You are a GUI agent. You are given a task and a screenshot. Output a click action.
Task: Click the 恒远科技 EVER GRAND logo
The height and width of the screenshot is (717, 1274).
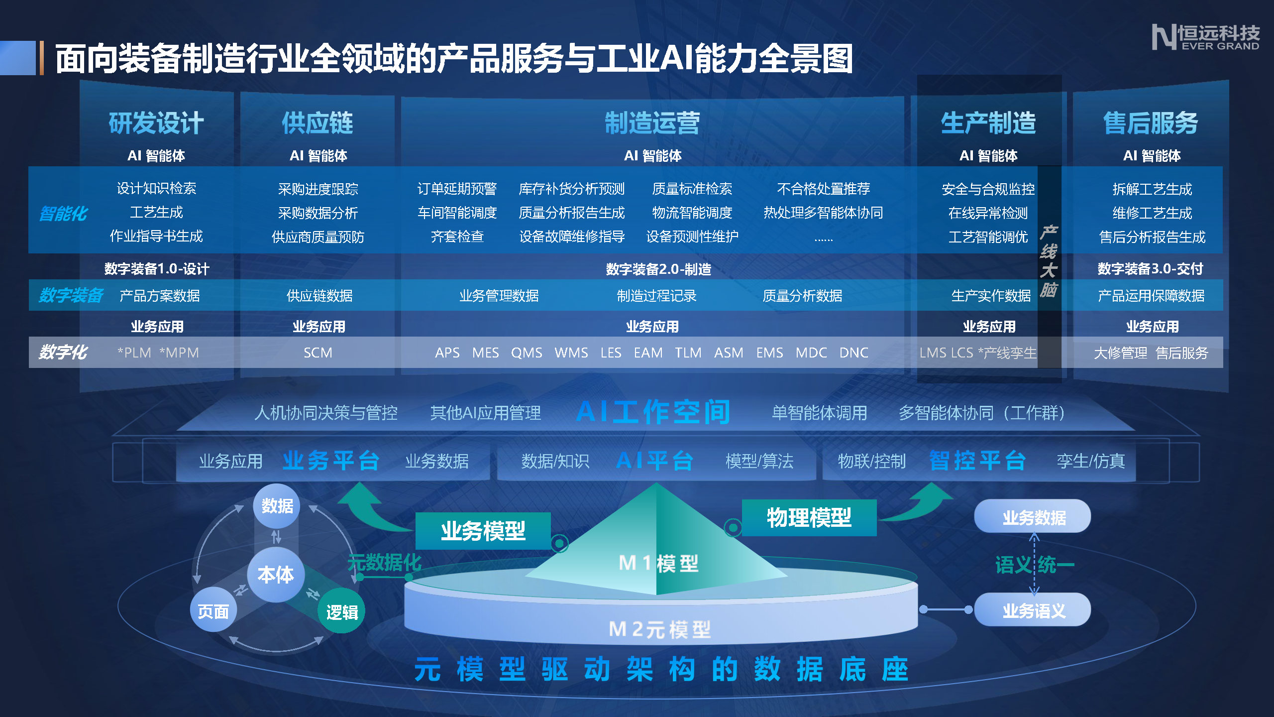tap(1206, 37)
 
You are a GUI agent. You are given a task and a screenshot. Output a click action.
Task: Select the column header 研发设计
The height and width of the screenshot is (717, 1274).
tap(156, 123)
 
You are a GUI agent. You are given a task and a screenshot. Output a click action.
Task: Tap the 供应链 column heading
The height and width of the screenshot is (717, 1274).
tap(318, 123)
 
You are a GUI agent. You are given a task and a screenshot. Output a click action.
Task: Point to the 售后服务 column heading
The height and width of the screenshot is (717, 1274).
tap(1151, 123)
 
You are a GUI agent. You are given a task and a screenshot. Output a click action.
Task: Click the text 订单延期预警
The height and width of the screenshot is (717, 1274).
tap(457, 189)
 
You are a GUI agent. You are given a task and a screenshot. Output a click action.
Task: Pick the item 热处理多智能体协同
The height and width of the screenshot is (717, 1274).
tap(823, 213)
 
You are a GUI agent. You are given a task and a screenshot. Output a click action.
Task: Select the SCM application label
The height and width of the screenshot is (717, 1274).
tap(318, 353)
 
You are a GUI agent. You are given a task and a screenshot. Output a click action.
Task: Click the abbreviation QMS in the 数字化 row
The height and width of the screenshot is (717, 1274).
tap(527, 353)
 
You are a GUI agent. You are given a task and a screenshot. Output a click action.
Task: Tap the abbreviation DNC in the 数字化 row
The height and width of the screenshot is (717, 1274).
tap(853, 353)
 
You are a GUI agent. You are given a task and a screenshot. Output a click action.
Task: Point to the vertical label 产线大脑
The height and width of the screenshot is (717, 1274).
tap(1049, 261)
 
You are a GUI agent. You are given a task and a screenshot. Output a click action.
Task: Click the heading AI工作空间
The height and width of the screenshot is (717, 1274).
tap(653, 412)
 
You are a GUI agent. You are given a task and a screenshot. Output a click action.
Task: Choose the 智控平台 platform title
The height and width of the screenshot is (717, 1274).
tap(977, 461)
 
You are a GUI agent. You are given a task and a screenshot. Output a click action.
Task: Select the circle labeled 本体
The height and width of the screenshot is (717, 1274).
tap(276, 575)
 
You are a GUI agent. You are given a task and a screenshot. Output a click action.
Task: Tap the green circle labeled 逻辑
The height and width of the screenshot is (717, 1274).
tap(342, 611)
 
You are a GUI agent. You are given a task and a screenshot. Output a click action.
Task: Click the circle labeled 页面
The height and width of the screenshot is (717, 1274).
tap(213, 610)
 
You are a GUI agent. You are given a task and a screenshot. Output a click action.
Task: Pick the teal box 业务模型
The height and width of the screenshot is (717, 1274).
tap(483, 531)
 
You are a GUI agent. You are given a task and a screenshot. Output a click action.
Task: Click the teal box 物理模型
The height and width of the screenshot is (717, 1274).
tap(809, 518)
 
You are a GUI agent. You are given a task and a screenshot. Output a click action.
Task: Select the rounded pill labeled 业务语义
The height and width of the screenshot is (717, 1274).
tap(1033, 609)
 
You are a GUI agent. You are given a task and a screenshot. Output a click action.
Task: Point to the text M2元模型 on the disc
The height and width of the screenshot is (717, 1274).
tap(660, 629)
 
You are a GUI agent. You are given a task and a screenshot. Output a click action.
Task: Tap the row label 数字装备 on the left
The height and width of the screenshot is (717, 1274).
tap(71, 295)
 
